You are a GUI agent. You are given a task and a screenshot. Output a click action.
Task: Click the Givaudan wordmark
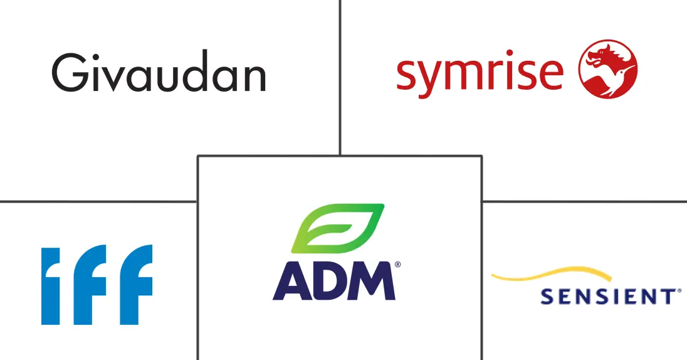tap(159, 72)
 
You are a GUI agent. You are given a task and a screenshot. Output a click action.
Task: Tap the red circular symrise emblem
tap(607, 69)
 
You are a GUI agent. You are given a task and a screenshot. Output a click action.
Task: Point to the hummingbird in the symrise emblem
tap(618, 79)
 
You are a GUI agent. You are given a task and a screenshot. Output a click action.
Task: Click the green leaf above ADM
tap(338, 228)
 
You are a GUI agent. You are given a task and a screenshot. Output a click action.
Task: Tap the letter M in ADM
tap(372, 281)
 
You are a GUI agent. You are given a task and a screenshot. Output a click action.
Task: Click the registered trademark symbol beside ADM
tap(397, 265)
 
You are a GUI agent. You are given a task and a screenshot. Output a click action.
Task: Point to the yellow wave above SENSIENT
tap(552, 274)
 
